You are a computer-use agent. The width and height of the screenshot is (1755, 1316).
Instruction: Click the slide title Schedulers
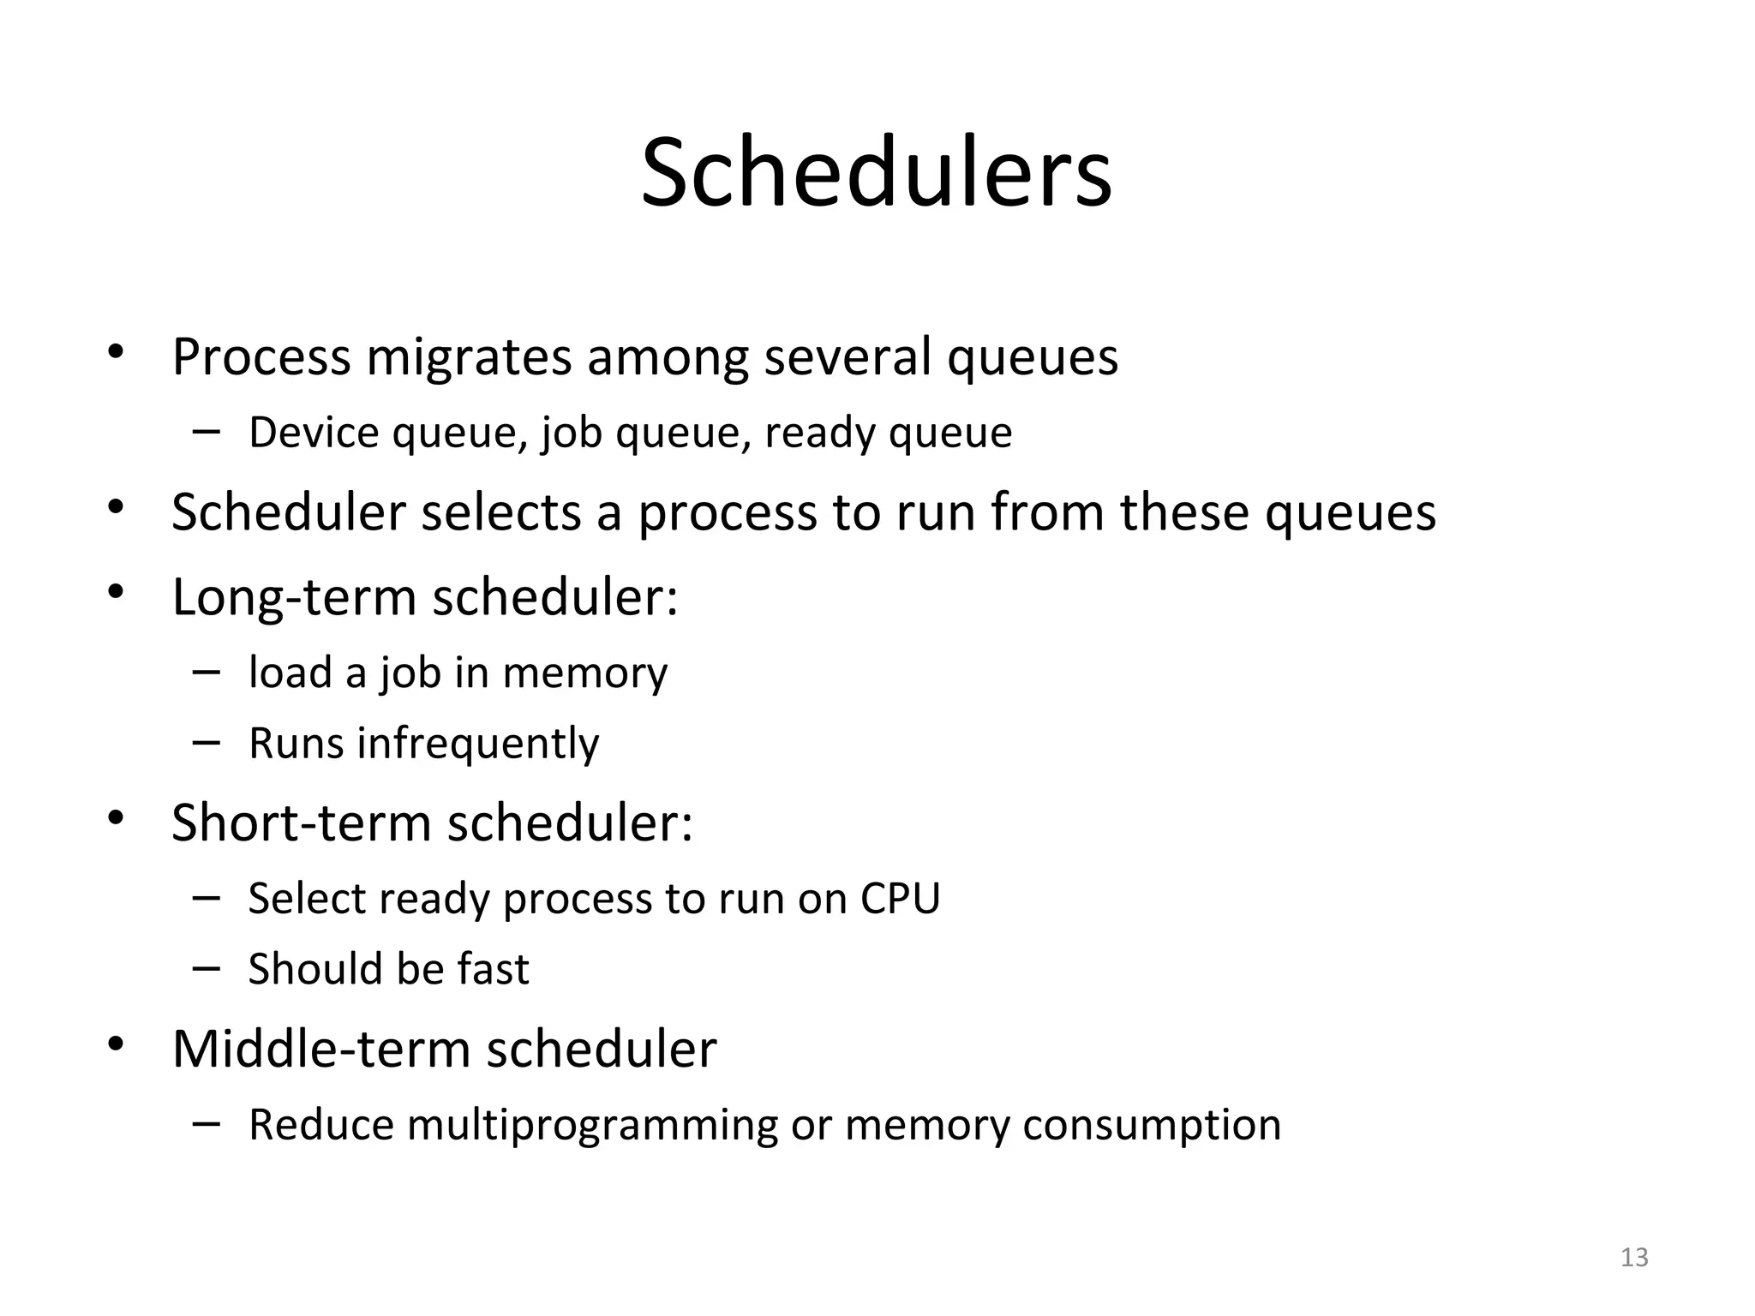(876, 174)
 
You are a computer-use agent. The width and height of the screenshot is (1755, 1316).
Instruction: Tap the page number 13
(1634, 1257)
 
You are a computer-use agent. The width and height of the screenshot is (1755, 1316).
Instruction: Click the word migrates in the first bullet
(469, 356)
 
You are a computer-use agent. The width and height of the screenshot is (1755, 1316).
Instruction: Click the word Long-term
(294, 596)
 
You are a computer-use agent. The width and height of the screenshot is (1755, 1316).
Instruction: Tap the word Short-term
(301, 822)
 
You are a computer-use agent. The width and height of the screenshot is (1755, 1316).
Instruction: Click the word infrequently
(477, 743)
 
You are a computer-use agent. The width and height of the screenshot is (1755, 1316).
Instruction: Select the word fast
(493, 969)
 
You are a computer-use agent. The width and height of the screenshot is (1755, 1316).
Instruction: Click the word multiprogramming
(592, 1125)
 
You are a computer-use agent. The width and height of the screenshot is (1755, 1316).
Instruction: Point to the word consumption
(1151, 1125)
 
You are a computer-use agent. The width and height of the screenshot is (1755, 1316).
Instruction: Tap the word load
(290, 673)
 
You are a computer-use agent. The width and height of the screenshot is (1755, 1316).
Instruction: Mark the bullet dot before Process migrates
(116, 352)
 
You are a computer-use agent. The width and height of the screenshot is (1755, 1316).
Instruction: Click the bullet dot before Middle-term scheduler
(116, 1044)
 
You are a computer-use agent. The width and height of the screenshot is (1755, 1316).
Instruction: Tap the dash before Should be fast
(207, 967)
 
